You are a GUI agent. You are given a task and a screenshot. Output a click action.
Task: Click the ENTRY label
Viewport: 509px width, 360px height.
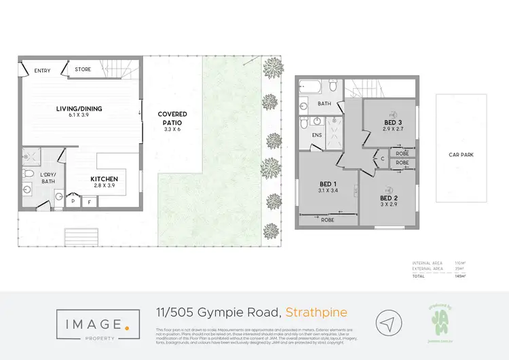33,70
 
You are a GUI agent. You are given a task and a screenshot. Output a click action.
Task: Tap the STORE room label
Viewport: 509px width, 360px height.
83,69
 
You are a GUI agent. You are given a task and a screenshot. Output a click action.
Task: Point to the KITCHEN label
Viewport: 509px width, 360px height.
105,179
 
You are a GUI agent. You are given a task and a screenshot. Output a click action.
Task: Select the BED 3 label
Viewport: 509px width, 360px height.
393,123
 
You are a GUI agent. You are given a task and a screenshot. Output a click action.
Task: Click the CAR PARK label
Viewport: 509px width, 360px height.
461,155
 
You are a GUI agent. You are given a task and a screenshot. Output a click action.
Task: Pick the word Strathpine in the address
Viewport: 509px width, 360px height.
317,312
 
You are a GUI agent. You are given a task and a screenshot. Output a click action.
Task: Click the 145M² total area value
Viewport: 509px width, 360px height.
479,276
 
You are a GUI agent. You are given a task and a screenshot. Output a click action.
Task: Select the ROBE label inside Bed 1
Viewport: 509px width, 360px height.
328,219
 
